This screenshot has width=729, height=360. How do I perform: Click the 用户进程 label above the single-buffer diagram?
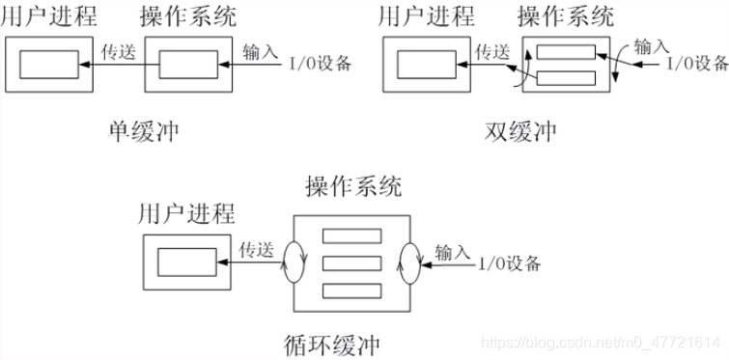tap(54, 16)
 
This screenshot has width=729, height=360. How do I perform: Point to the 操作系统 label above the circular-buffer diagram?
tap(352, 187)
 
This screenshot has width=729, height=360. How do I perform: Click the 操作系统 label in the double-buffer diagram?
tap(566, 16)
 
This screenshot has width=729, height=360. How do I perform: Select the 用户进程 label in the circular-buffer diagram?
tap(186, 212)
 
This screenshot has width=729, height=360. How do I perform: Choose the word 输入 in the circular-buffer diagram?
tap(452, 251)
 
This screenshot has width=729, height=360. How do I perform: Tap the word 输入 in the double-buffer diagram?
tap(651, 45)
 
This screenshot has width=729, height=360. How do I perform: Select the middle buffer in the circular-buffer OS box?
tap(352, 263)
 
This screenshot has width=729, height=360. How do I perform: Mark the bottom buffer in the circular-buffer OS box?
tap(352, 291)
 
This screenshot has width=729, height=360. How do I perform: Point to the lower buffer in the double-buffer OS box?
tap(566, 78)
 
